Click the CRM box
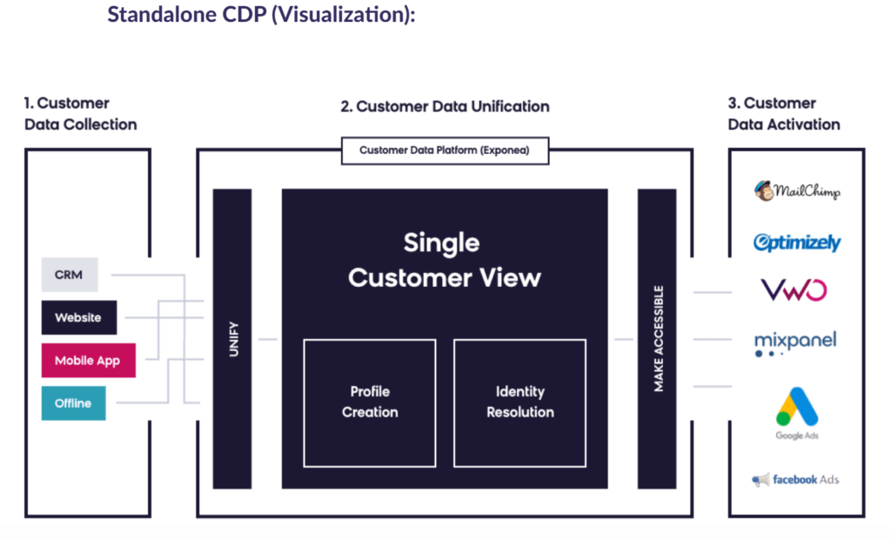[70, 275]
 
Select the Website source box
[79, 317]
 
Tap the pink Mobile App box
[88, 360]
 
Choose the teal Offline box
[73, 403]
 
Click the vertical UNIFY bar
[232, 338]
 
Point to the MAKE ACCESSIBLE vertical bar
[657, 338]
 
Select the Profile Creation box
[370, 402]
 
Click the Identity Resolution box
[519, 402]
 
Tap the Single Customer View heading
[444, 259]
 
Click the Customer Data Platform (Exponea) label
[444, 150]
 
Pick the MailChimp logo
[797, 191]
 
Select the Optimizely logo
[797, 243]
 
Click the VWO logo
[794, 289]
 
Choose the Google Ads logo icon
[797, 407]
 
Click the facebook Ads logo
[795, 479]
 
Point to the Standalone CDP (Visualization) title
[261, 15]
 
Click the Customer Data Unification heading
[445, 107]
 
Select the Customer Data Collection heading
[81, 114]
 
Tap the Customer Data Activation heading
[784, 114]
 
